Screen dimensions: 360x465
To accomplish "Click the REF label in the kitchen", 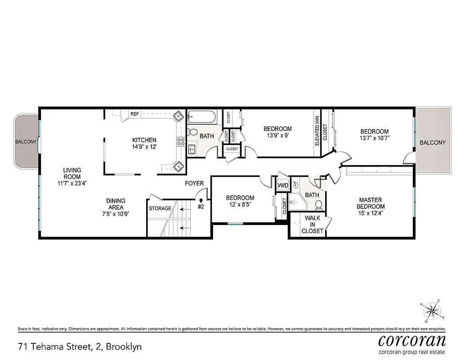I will (x=134, y=114).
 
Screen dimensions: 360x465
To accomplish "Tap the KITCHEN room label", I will (x=144, y=140).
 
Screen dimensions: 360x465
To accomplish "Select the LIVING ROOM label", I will (x=72, y=173).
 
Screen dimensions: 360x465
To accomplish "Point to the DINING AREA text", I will (x=116, y=204).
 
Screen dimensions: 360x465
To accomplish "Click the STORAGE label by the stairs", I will (x=160, y=208).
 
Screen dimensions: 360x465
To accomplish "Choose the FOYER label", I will (x=194, y=184).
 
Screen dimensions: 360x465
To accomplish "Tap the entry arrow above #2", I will (x=201, y=200).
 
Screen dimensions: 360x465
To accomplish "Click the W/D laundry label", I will (x=283, y=185).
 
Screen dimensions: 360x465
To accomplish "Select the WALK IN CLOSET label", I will (x=313, y=225).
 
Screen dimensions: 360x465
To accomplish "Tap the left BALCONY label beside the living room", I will (x=26, y=142).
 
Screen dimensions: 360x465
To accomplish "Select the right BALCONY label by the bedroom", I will (x=433, y=143).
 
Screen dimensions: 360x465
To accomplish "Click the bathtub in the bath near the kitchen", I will (x=202, y=118).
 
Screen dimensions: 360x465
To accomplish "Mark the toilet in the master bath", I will (x=319, y=205).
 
